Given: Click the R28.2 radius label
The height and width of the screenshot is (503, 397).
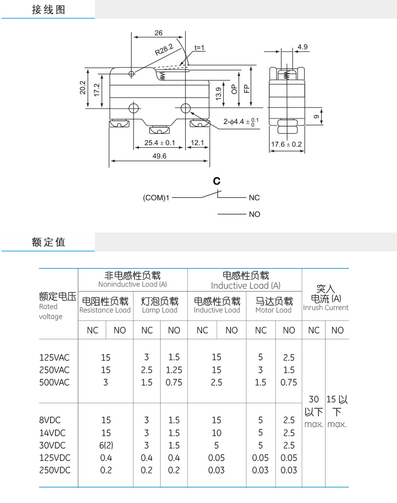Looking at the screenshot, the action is coord(164,50).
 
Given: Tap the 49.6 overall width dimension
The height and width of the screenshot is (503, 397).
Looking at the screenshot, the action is coord(159,156).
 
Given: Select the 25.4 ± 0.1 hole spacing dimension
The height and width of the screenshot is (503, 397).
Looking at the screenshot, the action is coord(159,143).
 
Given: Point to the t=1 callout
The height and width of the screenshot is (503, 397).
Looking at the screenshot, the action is coord(199,48).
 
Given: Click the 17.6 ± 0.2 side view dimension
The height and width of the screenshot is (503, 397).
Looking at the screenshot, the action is coord(286,144).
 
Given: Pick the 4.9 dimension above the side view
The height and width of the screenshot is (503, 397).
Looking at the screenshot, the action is coord(302,47).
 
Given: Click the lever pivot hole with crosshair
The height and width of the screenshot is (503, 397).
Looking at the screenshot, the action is coord(132,74).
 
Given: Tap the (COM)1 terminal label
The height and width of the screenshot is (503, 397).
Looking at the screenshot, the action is coord(156,197).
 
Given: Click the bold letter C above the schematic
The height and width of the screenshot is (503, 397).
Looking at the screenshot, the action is coord(217,181).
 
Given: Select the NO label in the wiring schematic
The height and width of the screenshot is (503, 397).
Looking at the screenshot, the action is coord(255,214).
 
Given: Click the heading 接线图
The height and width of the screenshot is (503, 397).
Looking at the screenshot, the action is coord(49,9).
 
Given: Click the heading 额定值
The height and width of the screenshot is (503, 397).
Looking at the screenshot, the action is coord(49,242).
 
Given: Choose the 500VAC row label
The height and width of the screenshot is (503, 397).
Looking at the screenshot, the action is coord(54,382).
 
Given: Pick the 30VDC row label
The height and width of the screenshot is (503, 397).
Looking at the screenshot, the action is coord(52,445).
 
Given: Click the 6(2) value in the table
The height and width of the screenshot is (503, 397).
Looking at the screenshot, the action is coord(106,445).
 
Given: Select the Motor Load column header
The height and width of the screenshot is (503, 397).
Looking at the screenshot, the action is coord(273,310).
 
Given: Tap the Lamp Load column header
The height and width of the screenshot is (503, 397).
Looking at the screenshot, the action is coord(159,310).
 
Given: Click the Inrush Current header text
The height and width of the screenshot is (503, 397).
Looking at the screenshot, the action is coord(326,308).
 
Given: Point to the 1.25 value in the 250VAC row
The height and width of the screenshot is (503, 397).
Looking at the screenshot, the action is coord(174,370).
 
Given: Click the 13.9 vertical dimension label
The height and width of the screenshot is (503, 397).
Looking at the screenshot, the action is coord(218,94).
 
